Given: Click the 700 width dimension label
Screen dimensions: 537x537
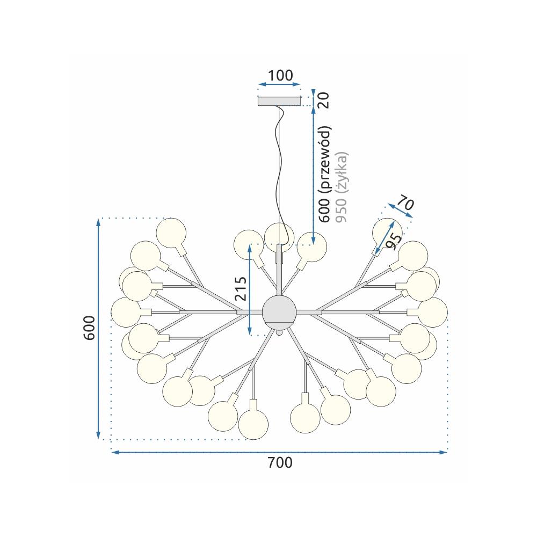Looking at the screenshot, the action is tap(280, 463).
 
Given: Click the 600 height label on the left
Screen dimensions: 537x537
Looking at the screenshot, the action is tap(89, 328).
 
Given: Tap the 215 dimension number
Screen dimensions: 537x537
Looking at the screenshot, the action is tap(241, 289).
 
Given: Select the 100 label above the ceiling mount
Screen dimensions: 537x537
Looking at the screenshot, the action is tap(280, 75).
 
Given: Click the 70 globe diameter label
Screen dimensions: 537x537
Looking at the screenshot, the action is tap(406, 203).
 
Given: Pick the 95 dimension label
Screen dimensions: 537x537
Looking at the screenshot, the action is tap(393, 241).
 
